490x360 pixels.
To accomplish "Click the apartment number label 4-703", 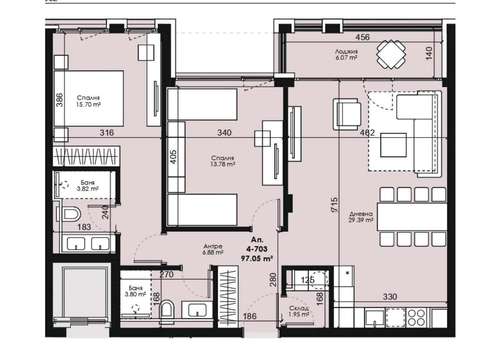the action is [x=257, y=249].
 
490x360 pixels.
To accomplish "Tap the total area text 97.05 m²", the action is [x=257, y=259].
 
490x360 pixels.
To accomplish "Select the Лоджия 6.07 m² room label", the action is [x=346, y=55].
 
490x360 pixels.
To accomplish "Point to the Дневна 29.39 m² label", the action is [x=361, y=217].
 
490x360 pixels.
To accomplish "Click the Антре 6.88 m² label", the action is [x=213, y=249].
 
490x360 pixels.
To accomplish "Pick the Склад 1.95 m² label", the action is [x=299, y=311].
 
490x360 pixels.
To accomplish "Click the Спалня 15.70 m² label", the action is [x=89, y=101].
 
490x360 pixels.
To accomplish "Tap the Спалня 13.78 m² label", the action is [x=223, y=161].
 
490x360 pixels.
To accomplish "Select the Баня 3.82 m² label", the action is [x=88, y=185].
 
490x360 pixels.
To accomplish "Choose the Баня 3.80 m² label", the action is [x=136, y=291].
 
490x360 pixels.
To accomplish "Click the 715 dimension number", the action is [x=335, y=204].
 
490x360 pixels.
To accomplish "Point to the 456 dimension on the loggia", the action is [x=363, y=37].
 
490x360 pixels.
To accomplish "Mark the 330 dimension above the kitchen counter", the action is [x=390, y=297].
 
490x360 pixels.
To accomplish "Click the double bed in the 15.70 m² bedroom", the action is [x=89, y=98].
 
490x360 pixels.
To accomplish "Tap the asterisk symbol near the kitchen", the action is [x=347, y=273].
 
